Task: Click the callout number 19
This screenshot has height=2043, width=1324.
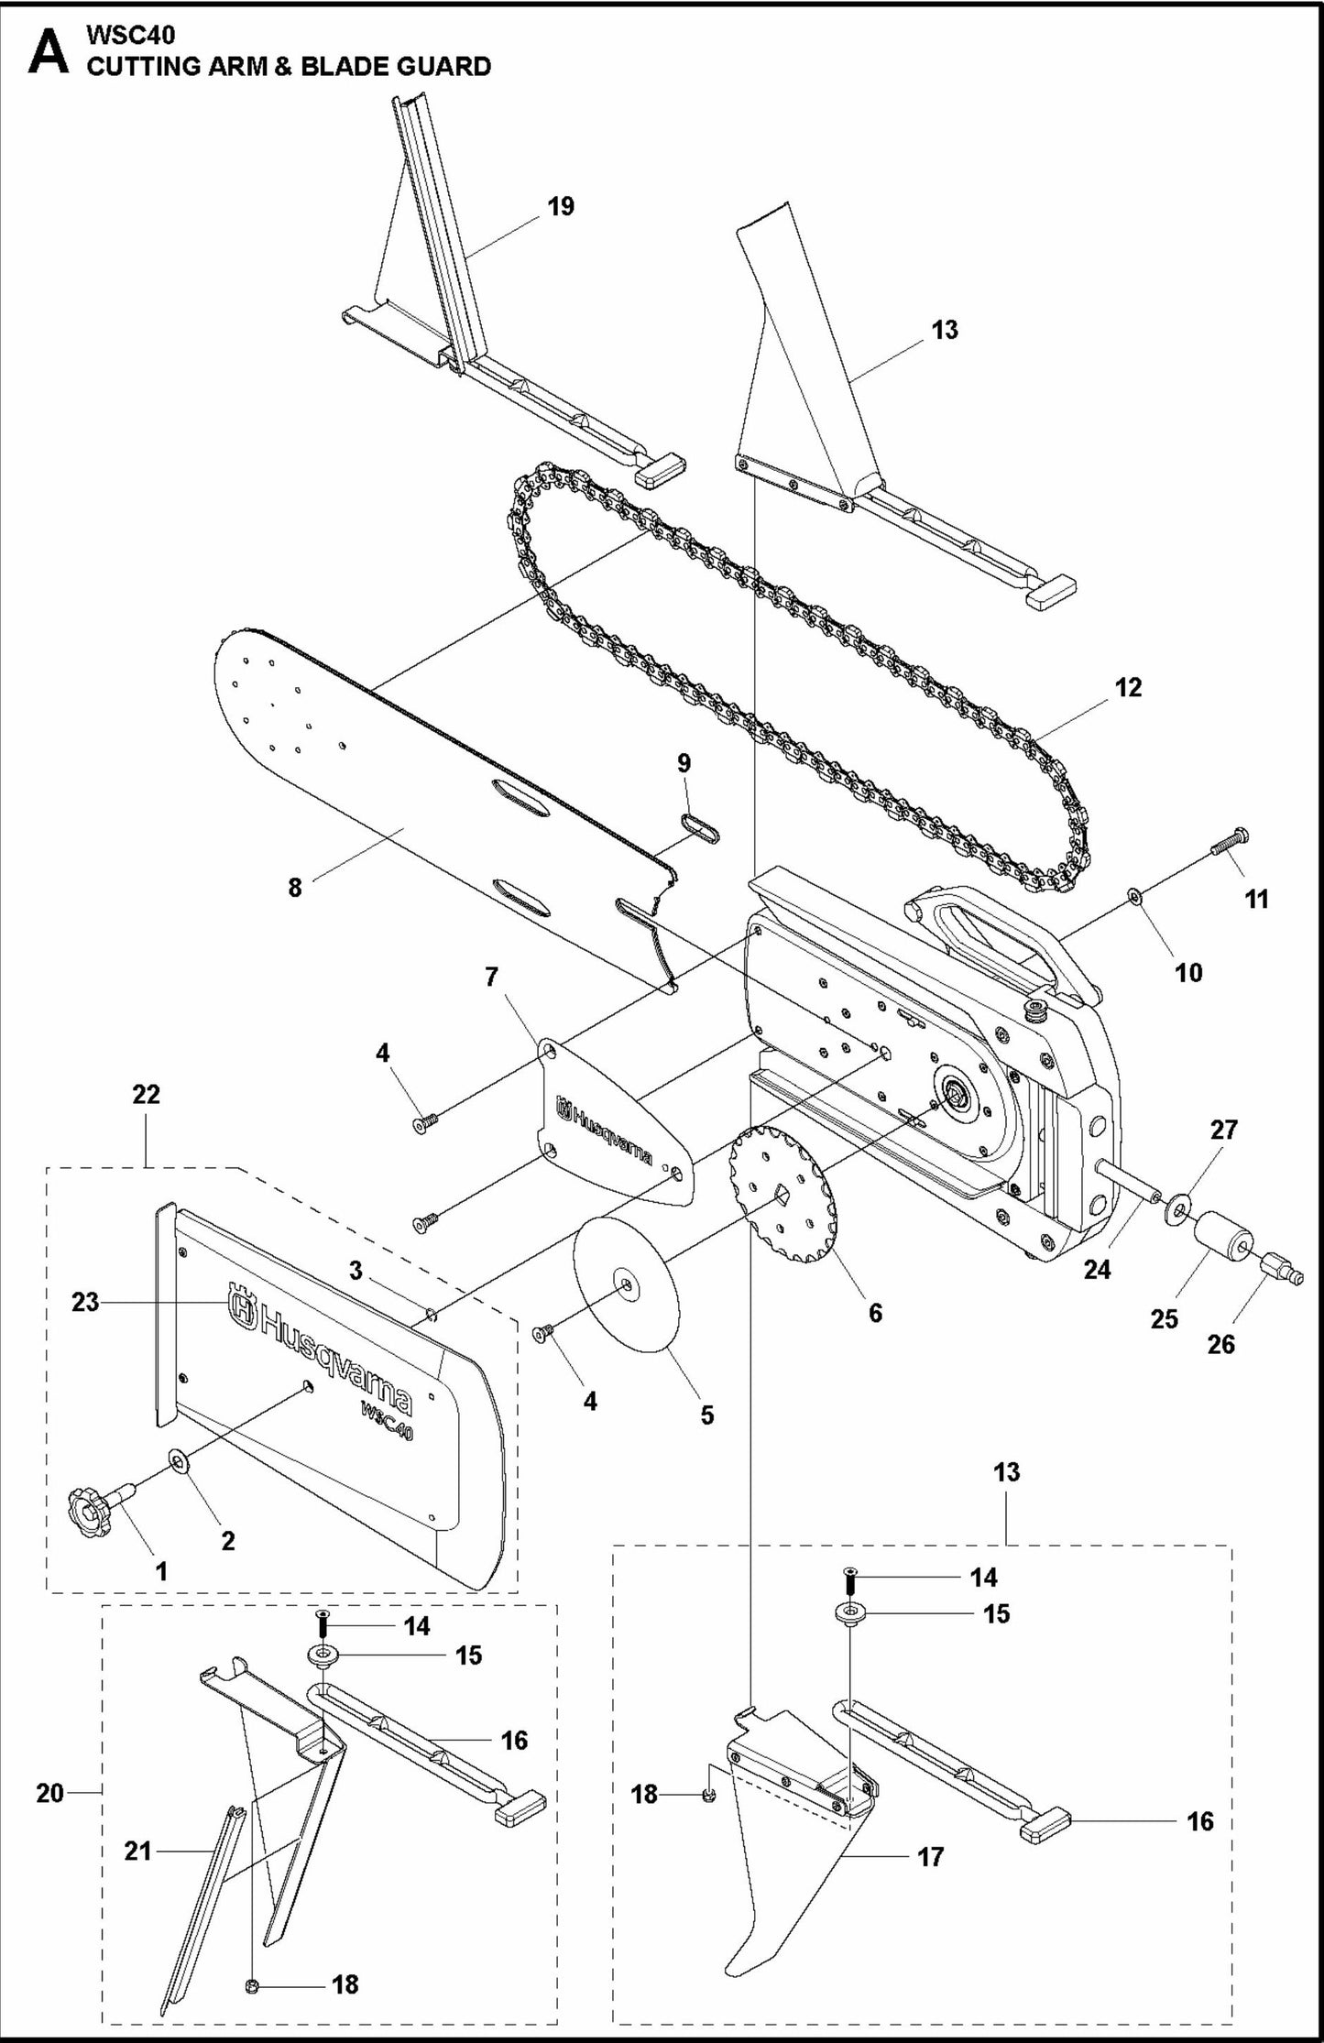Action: (561, 206)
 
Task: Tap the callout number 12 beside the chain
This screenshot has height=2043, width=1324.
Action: (1129, 687)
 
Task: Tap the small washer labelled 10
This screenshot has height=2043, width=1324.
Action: (1135, 895)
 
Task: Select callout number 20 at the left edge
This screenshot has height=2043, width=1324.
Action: (49, 1793)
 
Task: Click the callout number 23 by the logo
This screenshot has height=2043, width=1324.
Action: (85, 1302)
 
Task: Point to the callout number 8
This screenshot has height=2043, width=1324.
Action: (294, 888)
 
